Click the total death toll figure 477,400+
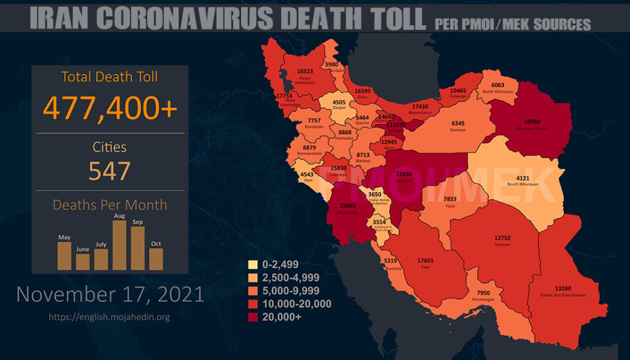point(110,108)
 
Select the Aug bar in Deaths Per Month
point(119,245)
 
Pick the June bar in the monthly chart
point(82,262)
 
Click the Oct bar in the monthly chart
point(156,258)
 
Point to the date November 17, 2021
point(110,294)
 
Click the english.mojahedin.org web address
point(110,317)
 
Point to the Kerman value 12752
point(502,239)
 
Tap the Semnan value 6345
point(458,123)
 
